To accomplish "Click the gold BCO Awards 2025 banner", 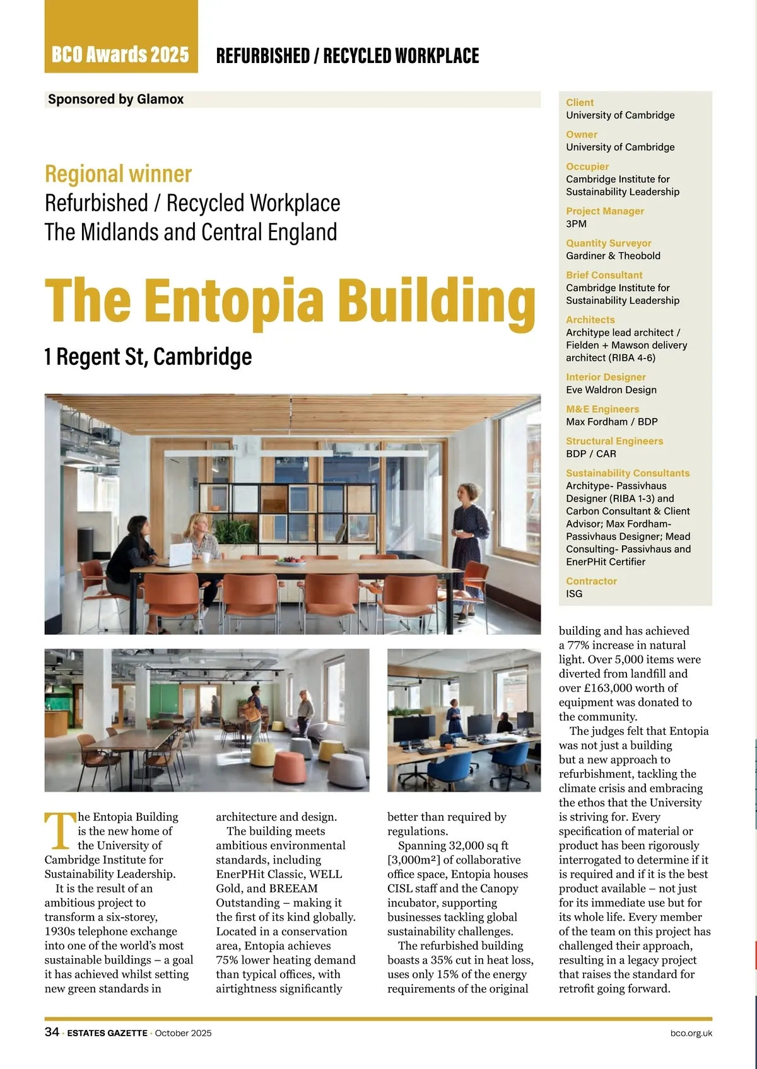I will point(120,54).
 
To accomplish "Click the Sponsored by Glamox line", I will point(116,100).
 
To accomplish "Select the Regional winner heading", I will point(118,174).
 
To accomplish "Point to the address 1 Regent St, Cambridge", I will point(148,357).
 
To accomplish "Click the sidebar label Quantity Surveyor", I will point(608,243).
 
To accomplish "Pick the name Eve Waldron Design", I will point(611,390).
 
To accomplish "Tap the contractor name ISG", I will point(574,594).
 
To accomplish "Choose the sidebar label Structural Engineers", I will point(614,441).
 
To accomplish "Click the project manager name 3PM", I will point(576,224).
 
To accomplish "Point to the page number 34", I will point(52,1032).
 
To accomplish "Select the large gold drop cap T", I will point(59,831).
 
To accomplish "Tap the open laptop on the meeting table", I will point(180,555).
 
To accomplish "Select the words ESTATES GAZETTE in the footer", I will point(107,1033).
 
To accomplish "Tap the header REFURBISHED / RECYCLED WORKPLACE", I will point(347,56).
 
